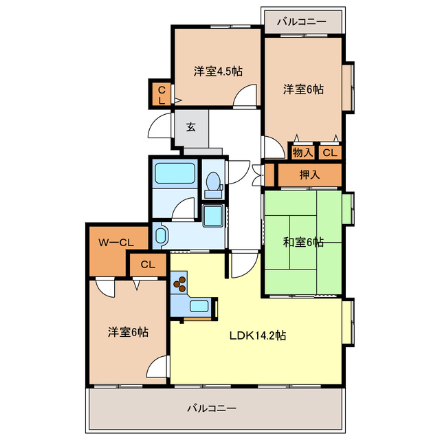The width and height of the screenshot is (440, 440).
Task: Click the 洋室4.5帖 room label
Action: tap(217, 71)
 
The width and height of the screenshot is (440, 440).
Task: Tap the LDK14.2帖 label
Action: tap(258, 336)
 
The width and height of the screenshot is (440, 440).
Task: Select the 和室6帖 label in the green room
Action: tap(303, 242)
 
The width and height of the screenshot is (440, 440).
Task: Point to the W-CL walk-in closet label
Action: tap(115, 241)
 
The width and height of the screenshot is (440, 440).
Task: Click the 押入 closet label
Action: tap(310, 175)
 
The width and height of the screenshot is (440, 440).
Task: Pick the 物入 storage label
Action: tap(302, 153)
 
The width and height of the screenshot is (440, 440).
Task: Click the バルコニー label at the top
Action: tap(302, 21)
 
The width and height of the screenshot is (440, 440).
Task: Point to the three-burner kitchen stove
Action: tap(181, 283)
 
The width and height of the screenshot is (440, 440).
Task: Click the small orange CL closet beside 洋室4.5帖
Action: tap(162, 95)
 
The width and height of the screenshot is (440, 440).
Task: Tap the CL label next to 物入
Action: tap(330, 153)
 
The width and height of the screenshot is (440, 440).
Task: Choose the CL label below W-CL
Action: tap(148, 264)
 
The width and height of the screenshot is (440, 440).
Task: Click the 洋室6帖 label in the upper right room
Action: tap(304, 89)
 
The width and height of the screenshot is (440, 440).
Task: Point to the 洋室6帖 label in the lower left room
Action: tap(128, 333)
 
